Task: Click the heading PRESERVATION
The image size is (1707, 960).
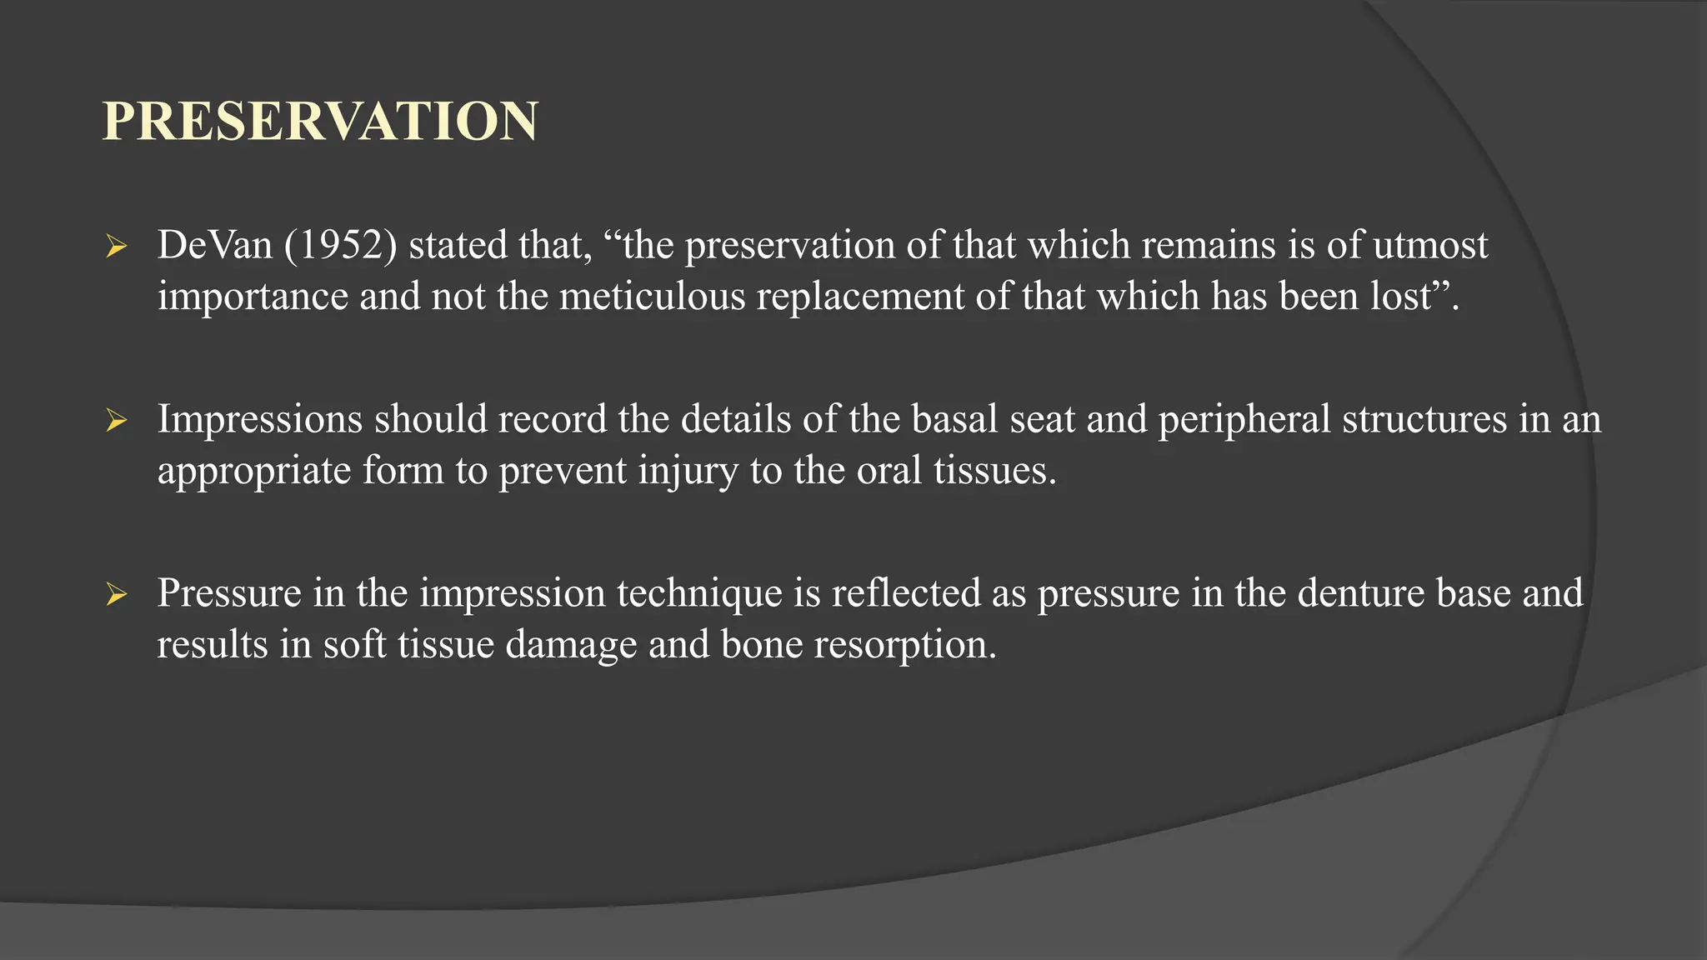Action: coord(320,122)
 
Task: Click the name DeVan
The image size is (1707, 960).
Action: coord(215,246)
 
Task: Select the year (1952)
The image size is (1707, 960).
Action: coord(340,246)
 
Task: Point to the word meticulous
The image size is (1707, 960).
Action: coord(652,297)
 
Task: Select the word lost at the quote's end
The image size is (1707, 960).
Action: coord(1402,297)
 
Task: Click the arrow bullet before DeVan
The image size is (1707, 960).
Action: coord(117,247)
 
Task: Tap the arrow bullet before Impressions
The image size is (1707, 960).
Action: coord(117,421)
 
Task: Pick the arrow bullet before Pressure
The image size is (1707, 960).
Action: coord(117,595)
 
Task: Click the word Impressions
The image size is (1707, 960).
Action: coord(260,419)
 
